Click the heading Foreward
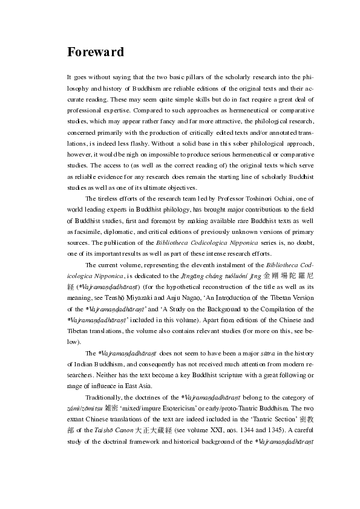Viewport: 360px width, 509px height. pyautogui.click(x=96, y=52)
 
